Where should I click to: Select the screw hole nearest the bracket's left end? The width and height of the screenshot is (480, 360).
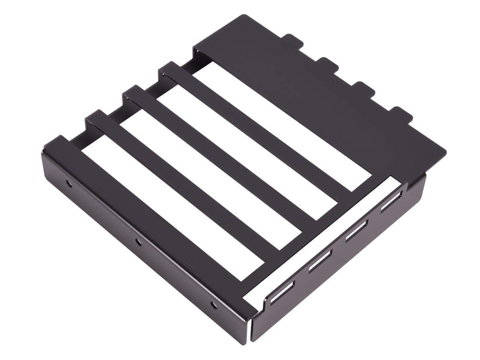point(68,183)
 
